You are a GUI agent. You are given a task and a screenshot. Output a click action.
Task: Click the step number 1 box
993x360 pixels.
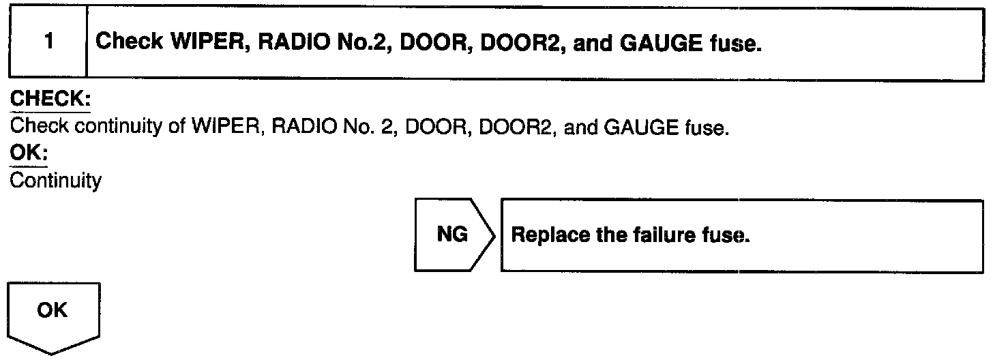coord(48,42)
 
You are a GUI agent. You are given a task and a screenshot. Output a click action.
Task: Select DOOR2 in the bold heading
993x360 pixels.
coord(489,42)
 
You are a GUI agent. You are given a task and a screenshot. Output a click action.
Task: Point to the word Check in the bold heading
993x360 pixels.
coord(130,42)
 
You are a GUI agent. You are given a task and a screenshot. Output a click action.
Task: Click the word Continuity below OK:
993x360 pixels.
coord(56,182)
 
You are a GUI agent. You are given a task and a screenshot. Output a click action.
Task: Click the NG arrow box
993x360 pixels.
coord(452,235)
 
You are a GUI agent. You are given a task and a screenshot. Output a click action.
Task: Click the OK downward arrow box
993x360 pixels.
coord(53,314)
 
